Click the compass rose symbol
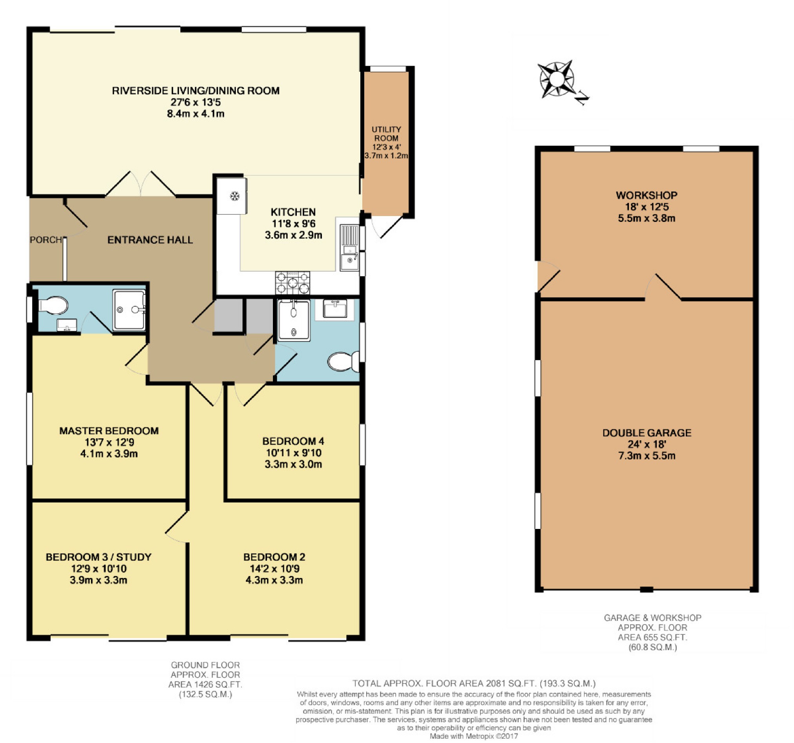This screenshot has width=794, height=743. click(556, 80)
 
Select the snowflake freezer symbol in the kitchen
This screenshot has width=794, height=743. click(234, 196)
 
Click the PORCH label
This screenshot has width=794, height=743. click(46, 240)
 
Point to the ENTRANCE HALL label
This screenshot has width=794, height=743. click(150, 240)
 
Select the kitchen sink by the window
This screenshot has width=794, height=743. click(349, 247)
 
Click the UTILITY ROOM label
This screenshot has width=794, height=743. click(386, 134)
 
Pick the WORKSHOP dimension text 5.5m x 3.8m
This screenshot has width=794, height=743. click(647, 218)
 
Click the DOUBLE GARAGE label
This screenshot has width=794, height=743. click(647, 432)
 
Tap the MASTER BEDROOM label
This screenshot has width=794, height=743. click(109, 431)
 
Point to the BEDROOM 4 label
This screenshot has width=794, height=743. click(293, 441)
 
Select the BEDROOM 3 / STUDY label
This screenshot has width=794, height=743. click(99, 557)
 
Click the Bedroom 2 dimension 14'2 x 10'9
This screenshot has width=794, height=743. click(274, 569)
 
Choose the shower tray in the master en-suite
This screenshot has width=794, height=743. click(129, 310)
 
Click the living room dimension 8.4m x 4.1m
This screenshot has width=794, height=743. click(196, 113)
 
